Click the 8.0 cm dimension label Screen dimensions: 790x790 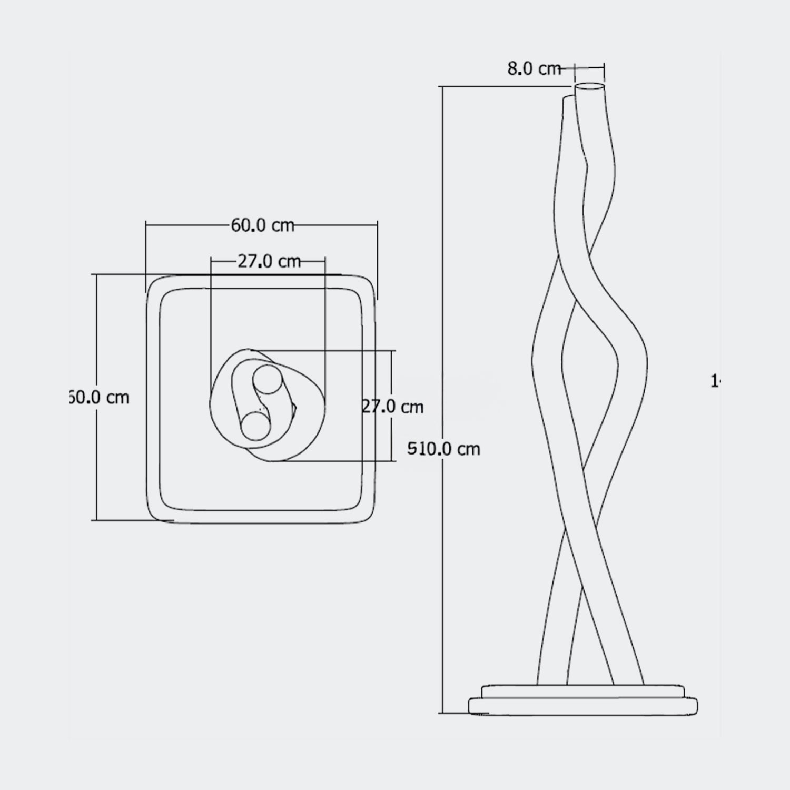pyautogui.click(x=534, y=69)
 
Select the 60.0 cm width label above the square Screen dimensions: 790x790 pyautogui.click(x=262, y=225)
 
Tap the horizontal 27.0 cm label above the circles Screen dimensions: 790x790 pyautogui.click(x=269, y=261)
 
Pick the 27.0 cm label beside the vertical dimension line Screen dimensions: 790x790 pyautogui.click(x=393, y=407)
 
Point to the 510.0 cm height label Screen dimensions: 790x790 pyautogui.click(x=444, y=449)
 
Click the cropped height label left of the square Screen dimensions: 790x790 pyautogui.click(x=99, y=397)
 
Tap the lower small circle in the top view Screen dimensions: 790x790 pyautogui.click(x=255, y=425)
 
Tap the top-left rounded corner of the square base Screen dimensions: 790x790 pyautogui.click(x=154, y=282)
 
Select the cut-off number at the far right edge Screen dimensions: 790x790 pyautogui.click(x=715, y=381)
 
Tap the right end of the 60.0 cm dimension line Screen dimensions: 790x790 pyautogui.click(x=377, y=225)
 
